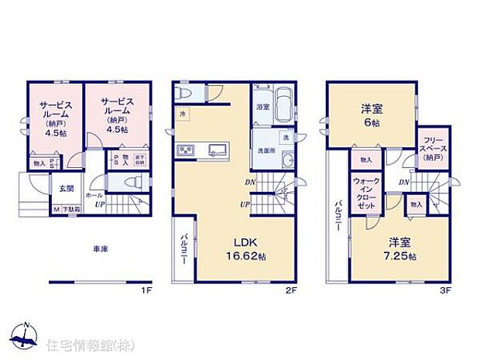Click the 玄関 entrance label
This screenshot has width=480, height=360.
[66, 187]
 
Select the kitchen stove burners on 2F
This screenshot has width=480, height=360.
[186, 149]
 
